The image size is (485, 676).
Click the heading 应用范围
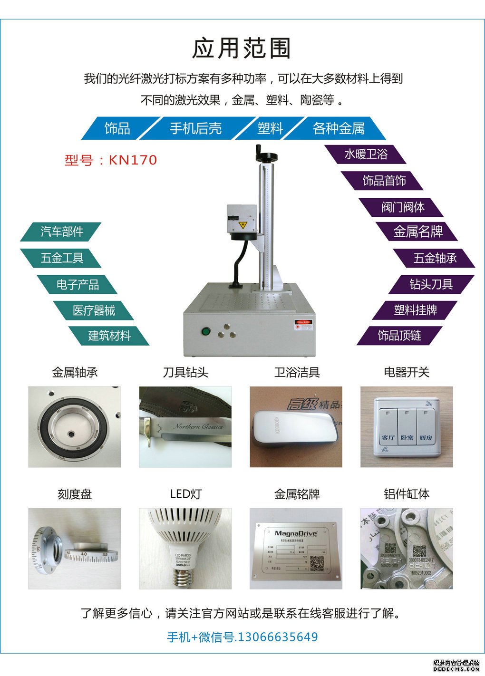point(242,48)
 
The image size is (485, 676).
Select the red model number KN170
point(133,160)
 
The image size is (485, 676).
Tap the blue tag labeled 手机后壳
point(195,128)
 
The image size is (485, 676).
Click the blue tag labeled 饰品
point(117,128)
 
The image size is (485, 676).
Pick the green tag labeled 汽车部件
point(62,232)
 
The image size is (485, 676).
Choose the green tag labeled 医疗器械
point(94,310)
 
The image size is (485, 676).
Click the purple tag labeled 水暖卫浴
point(365,155)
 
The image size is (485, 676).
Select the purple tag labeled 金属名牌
point(417,232)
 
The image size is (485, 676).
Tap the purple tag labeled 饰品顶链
point(399,336)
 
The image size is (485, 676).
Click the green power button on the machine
point(206,331)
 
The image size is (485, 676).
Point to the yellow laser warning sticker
point(242,225)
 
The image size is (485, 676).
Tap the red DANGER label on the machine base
point(303,322)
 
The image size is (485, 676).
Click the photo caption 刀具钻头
point(185,372)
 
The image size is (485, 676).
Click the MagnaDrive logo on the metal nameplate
point(296,533)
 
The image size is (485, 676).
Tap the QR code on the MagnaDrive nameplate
point(317,563)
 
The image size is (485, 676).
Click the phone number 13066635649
point(277,637)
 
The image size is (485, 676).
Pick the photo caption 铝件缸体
point(407,494)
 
